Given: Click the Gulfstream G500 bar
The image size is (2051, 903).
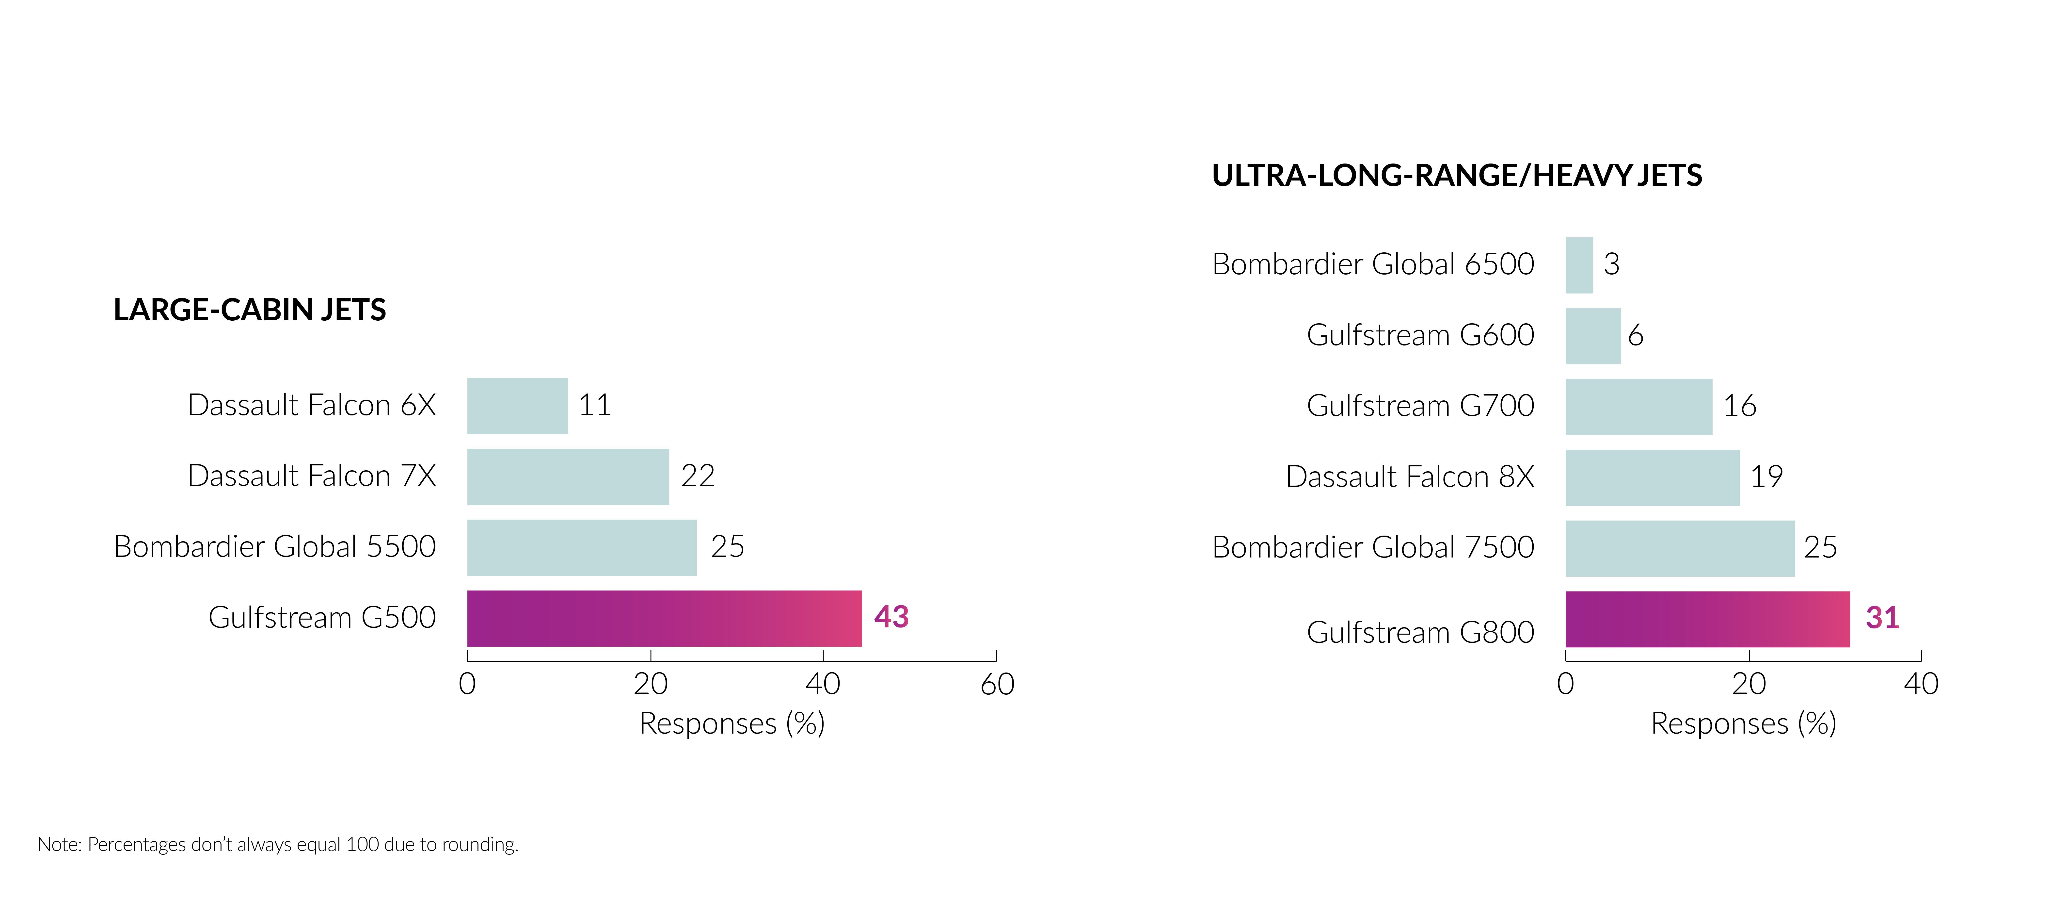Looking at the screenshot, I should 664,618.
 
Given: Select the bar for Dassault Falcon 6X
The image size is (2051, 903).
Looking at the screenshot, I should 518,406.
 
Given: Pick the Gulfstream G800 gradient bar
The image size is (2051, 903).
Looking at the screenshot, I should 1707,619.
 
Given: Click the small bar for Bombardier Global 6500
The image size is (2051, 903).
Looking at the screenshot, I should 1579,265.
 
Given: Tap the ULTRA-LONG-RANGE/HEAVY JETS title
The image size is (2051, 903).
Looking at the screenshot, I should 1456,175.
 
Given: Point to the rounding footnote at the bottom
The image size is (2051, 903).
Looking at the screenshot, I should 278,844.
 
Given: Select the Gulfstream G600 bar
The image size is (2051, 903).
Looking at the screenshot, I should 1592,336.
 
